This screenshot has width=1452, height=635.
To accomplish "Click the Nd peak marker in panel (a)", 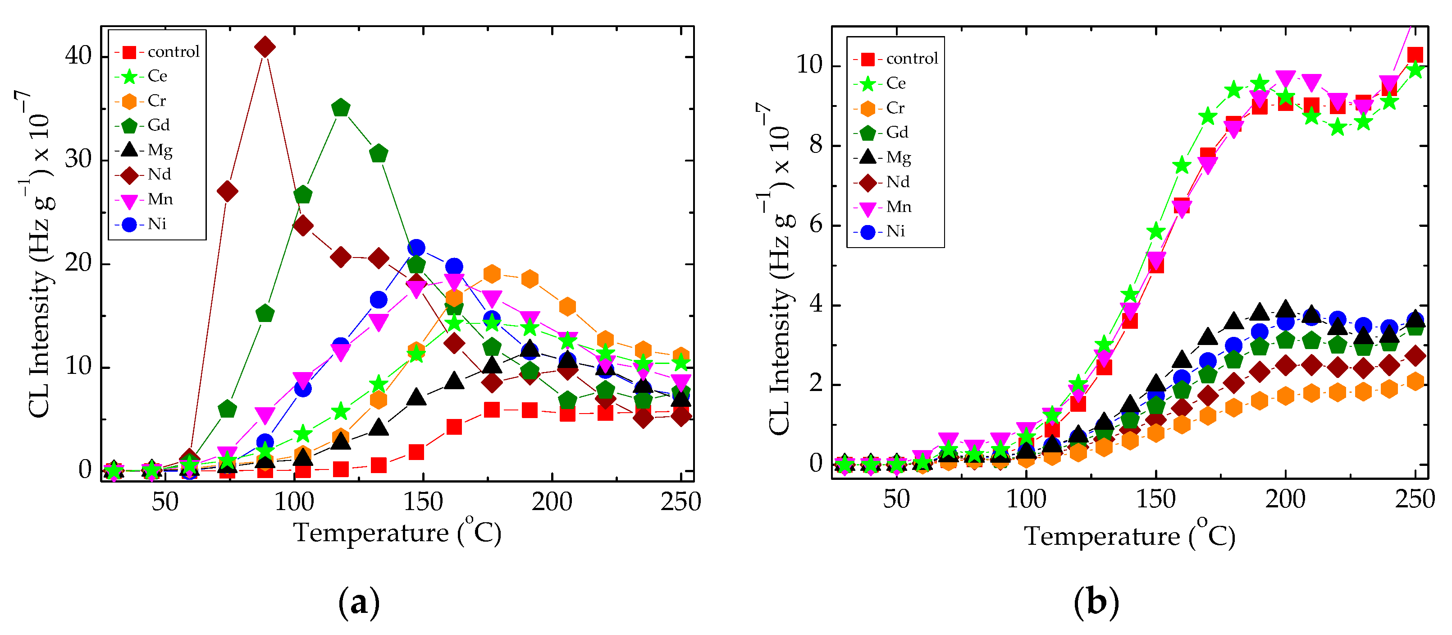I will coord(265,47).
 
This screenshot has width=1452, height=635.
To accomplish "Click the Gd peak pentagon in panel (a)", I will coord(340,107).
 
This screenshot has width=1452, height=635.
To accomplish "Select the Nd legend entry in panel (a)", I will coord(158,174).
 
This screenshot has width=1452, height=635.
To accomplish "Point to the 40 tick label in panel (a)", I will coord(78,56).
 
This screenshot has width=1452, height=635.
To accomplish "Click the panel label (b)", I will coord(1096,602).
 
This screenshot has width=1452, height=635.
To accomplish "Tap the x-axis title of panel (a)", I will coord(397,533).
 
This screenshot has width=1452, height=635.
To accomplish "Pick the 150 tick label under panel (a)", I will coord(423,502).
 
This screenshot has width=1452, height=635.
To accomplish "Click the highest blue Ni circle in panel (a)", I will coord(416,248).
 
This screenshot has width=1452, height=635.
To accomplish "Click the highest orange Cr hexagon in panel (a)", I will coord(492,274).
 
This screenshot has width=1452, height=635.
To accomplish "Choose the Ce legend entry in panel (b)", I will coord(895,83).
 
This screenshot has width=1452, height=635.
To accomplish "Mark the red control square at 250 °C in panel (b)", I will coord(1415,55).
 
